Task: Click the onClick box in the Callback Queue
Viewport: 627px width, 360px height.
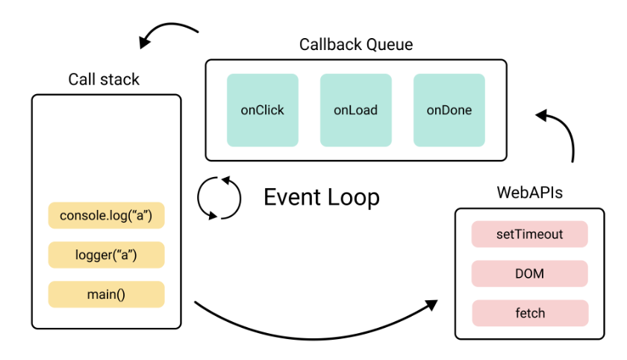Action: coord(262,110)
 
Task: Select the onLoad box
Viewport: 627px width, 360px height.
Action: coord(355,110)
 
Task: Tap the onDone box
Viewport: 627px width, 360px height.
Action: coord(449,110)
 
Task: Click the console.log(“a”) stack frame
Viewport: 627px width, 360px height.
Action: coord(106,215)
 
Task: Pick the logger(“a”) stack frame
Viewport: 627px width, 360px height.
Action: coord(106,255)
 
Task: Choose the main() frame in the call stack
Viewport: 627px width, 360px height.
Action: coord(106,294)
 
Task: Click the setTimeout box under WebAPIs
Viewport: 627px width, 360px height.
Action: coord(529,234)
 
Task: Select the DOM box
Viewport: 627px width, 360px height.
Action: coord(529,273)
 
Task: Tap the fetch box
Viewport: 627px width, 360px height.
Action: coord(530,313)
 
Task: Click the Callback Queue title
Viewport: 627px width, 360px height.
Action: coord(356,44)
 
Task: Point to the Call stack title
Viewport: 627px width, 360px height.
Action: coord(104,79)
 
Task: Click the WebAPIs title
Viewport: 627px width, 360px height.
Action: coord(529,193)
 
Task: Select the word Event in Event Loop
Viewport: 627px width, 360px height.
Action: coord(293,196)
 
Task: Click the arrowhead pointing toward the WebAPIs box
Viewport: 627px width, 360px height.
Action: coord(432,305)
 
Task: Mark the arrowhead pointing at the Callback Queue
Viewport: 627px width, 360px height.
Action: coord(541,115)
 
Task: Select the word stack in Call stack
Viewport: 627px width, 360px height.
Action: coord(119,79)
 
